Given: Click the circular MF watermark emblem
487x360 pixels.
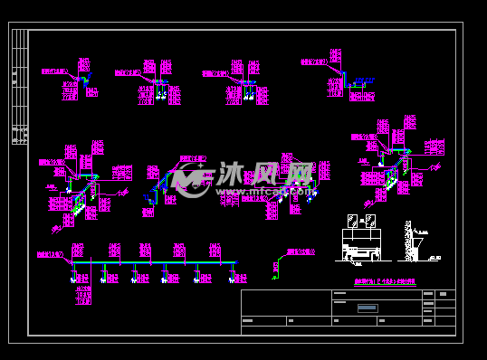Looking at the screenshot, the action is pyautogui.click(x=189, y=179).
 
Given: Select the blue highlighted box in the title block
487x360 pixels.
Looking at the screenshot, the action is pyautogui.click(x=367, y=308).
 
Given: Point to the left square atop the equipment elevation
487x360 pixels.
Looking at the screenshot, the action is pyautogui.click(x=352, y=221).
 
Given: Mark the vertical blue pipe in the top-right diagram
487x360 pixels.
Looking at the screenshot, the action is pyautogui.click(x=345, y=80).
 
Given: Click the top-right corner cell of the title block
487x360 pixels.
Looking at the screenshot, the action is pyautogui.click(x=445, y=294).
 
